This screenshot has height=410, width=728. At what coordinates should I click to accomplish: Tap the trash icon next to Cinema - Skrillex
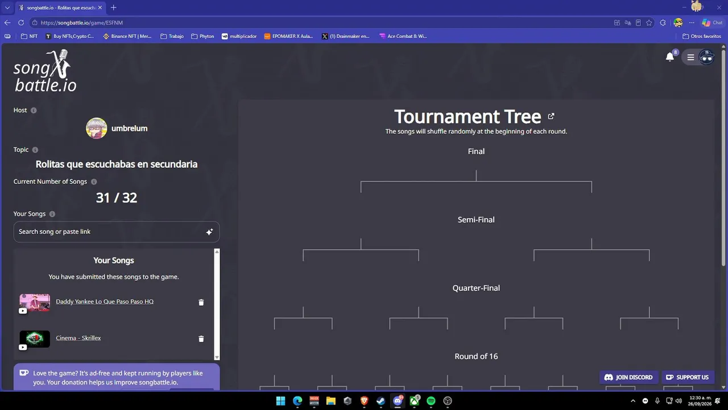pyautogui.click(x=201, y=339)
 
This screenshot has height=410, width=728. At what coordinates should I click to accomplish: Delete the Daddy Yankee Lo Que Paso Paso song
pyautogui.click(x=201, y=302)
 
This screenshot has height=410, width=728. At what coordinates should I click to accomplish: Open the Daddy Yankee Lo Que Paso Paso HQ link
pyautogui.click(x=105, y=301)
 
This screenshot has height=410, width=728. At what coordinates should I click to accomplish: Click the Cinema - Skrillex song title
pyautogui.click(x=78, y=338)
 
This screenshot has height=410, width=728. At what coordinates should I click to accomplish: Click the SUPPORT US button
pyautogui.click(x=688, y=377)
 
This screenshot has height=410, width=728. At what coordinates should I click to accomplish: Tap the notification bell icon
pyautogui.click(x=669, y=57)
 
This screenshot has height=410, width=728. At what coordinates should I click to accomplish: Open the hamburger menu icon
pyautogui.click(x=690, y=58)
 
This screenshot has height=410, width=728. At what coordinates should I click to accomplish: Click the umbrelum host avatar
pyautogui.click(x=97, y=128)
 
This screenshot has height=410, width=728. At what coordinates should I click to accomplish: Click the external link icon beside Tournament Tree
pyautogui.click(x=551, y=116)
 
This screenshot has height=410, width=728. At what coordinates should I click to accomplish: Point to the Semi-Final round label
pyautogui.click(x=476, y=220)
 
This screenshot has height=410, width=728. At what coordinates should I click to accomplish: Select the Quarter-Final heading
pyautogui.click(x=476, y=288)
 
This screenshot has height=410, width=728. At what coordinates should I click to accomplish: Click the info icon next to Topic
pyautogui.click(x=35, y=150)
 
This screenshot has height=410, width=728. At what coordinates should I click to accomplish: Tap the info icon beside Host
pyautogui.click(x=34, y=110)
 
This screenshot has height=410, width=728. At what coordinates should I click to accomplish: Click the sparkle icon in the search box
pyautogui.click(x=209, y=232)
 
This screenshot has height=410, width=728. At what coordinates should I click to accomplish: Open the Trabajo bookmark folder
pyautogui.click(x=172, y=36)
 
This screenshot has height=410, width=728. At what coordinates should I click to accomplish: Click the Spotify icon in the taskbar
pyautogui.click(x=431, y=400)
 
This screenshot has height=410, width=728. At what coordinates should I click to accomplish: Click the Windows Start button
pyautogui.click(x=280, y=400)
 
